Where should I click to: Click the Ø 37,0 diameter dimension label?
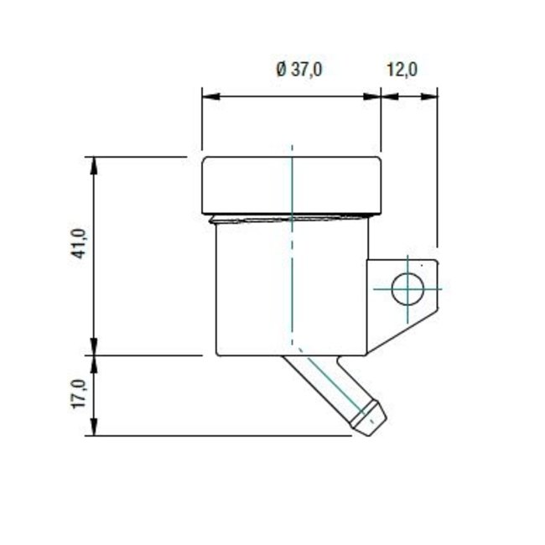click(x=299, y=70)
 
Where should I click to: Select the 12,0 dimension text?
click(x=402, y=70)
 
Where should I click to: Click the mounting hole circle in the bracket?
click(x=407, y=290)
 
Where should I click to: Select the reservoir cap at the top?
click(x=291, y=184)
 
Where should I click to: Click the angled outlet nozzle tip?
click(x=371, y=418)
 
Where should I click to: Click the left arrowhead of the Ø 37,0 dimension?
click(x=209, y=96)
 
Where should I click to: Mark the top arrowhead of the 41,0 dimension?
click(x=94, y=163)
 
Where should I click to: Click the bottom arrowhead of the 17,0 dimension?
click(x=94, y=428)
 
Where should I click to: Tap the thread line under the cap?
click(x=291, y=220)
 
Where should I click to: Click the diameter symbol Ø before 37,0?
click(x=282, y=70)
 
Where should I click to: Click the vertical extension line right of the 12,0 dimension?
click(x=438, y=168)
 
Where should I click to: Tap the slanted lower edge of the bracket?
click(x=402, y=332)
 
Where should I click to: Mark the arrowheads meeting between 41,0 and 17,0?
click(x=94, y=356)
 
